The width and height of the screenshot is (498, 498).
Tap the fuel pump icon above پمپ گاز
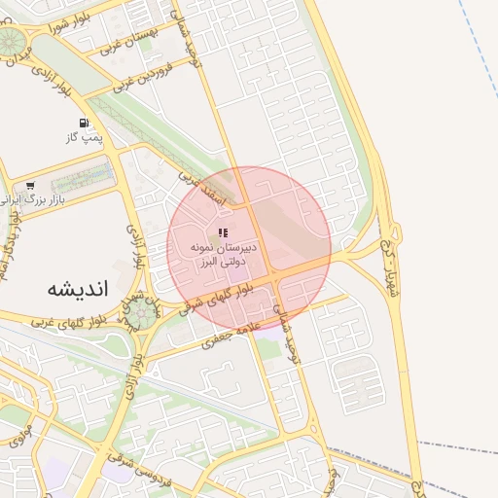(84, 123)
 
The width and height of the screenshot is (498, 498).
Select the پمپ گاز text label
(84, 138)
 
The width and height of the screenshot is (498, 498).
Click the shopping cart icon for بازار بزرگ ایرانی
(31, 185)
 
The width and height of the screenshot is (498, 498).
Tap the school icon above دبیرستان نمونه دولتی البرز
(223, 233)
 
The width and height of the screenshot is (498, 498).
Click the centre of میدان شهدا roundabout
(143, 312)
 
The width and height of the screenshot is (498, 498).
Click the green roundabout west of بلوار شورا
(12, 41)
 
